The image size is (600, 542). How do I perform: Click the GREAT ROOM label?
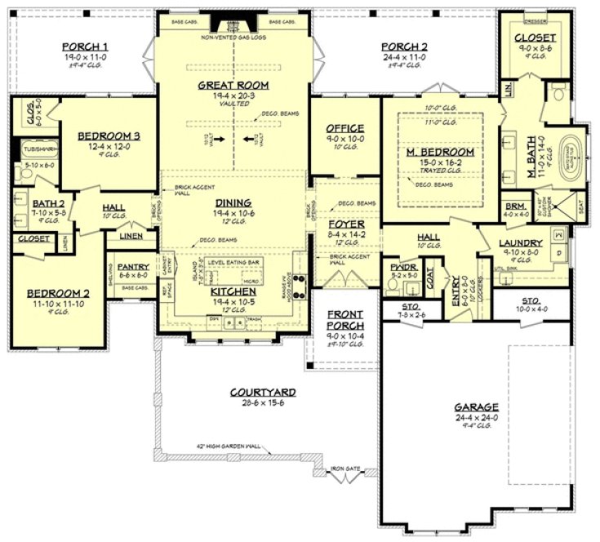[x=233, y=85]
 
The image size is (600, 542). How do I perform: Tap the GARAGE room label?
[x=478, y=406]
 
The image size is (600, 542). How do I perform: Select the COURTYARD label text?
[x=262, y=393]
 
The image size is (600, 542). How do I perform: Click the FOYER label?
[x=340, y=224]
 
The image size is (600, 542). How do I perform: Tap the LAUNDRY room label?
[x=522, y=242]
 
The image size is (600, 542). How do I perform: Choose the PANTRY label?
[x=132, y=266]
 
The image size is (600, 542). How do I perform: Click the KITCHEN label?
[x=233, y=291]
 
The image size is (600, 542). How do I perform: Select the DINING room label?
[x=233, y=203]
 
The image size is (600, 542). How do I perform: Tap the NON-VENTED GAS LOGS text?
[x=233, y=38]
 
